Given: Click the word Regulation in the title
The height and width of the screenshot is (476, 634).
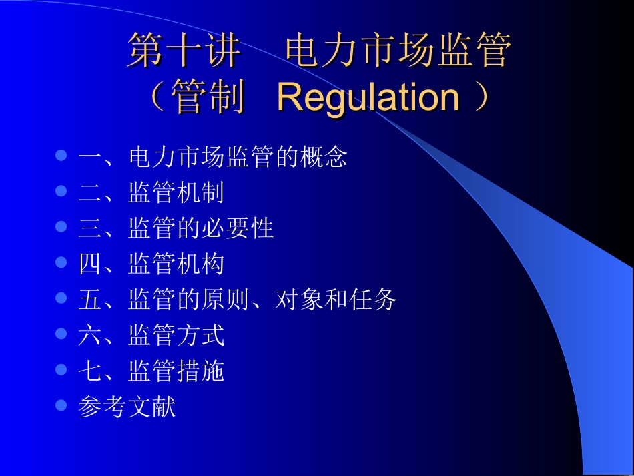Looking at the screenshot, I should pyautogui.click(x=368, y=98).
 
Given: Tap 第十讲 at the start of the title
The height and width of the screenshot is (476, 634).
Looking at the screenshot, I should pyautogui.click(x=184, y=51).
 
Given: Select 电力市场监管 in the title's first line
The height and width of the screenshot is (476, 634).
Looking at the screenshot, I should pyautogui.click(x=398, y=51).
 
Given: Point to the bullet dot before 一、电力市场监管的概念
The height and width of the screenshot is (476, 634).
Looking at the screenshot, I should pyautogui.click(x=61, y=156).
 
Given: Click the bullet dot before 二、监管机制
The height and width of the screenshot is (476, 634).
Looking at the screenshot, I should pyautogui.click(x=61, y=192).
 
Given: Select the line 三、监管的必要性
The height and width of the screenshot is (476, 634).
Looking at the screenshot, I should pyautogui.click(x=176, y=228).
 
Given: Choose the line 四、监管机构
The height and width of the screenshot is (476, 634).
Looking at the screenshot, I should pyautogui.click(x=151, y=264).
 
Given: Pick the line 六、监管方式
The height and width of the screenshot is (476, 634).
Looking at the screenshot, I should pyautogui.click(x=151, y=335).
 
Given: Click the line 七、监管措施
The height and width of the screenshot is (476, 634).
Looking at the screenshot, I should pyautogui.click(x=151, y=371).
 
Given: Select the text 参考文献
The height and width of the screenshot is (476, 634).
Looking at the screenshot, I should pyautogui.click(x=127, y=407).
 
